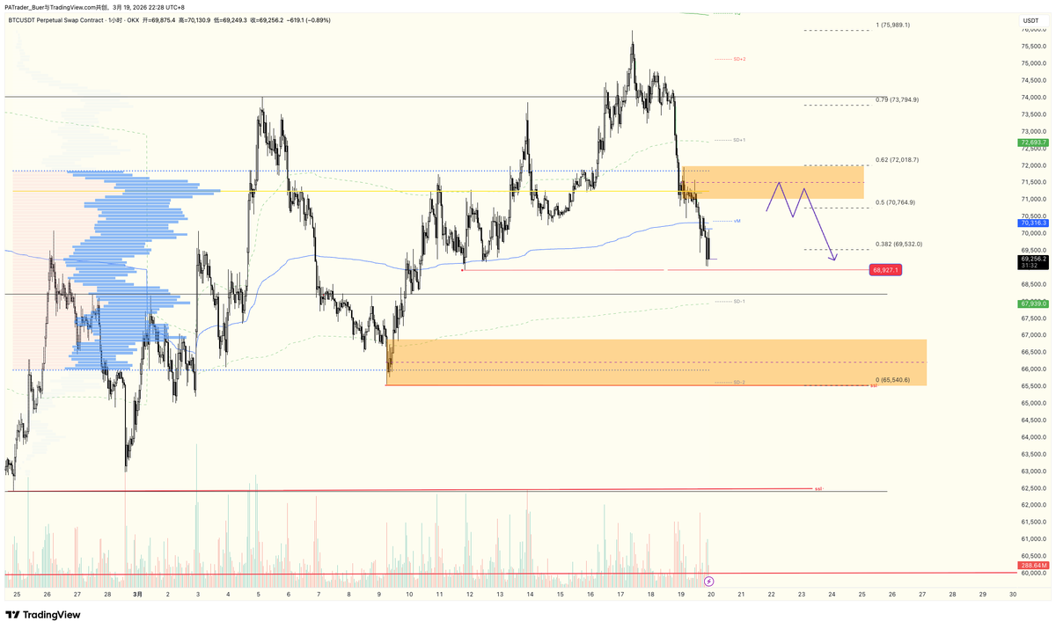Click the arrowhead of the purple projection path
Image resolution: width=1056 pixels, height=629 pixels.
point(832,260)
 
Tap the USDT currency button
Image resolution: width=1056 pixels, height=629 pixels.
point(1030,20)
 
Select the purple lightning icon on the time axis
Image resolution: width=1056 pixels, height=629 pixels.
point(710,581)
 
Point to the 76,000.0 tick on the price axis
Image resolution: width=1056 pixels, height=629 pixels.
point(1032,30)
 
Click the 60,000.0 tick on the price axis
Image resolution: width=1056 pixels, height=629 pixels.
point(1032,573)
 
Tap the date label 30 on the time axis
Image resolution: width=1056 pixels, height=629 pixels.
point(1014,595)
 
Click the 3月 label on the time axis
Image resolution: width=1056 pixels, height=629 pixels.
point(137,595)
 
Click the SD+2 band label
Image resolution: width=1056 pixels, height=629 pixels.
point(738,59)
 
